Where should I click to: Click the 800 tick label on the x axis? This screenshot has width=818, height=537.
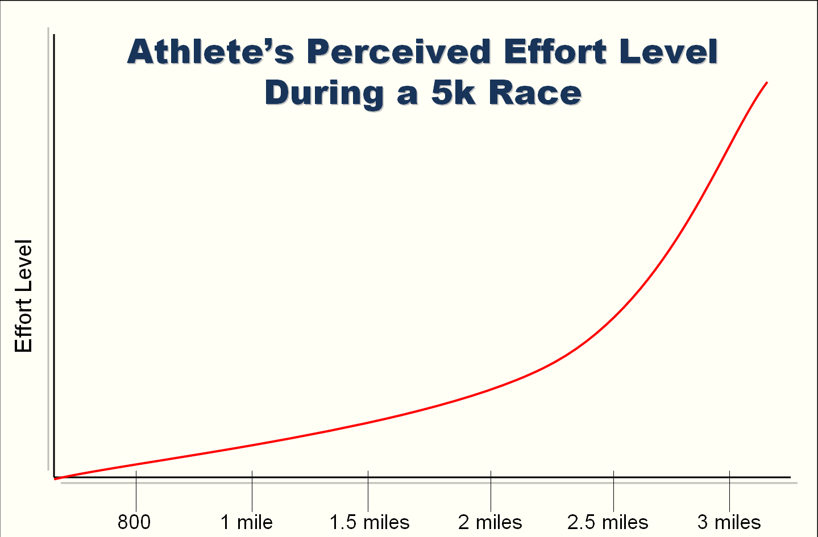(134, 522)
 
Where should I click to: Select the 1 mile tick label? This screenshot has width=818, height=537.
(247, 522)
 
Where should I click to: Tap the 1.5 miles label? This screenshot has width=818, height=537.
(369, 522)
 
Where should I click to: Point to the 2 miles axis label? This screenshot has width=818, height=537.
(490, 522)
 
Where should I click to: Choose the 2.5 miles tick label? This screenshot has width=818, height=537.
(608, 522)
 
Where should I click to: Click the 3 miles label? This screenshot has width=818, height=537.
(729, 522)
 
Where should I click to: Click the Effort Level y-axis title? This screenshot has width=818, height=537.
(23, 296)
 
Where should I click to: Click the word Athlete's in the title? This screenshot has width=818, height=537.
(211, 52)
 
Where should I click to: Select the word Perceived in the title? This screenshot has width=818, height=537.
(398, 52)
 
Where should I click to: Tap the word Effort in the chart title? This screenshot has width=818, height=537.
(555, 52)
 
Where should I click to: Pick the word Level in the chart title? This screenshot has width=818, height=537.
(668, 52)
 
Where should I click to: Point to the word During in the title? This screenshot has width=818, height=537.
(325, 93)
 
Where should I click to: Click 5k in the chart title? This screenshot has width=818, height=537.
(453, 93)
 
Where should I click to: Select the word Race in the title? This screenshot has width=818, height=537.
(535, 93)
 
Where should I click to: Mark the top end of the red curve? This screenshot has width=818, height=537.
(767, 83)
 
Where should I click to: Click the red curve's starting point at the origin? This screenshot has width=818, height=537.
(56, 478)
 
